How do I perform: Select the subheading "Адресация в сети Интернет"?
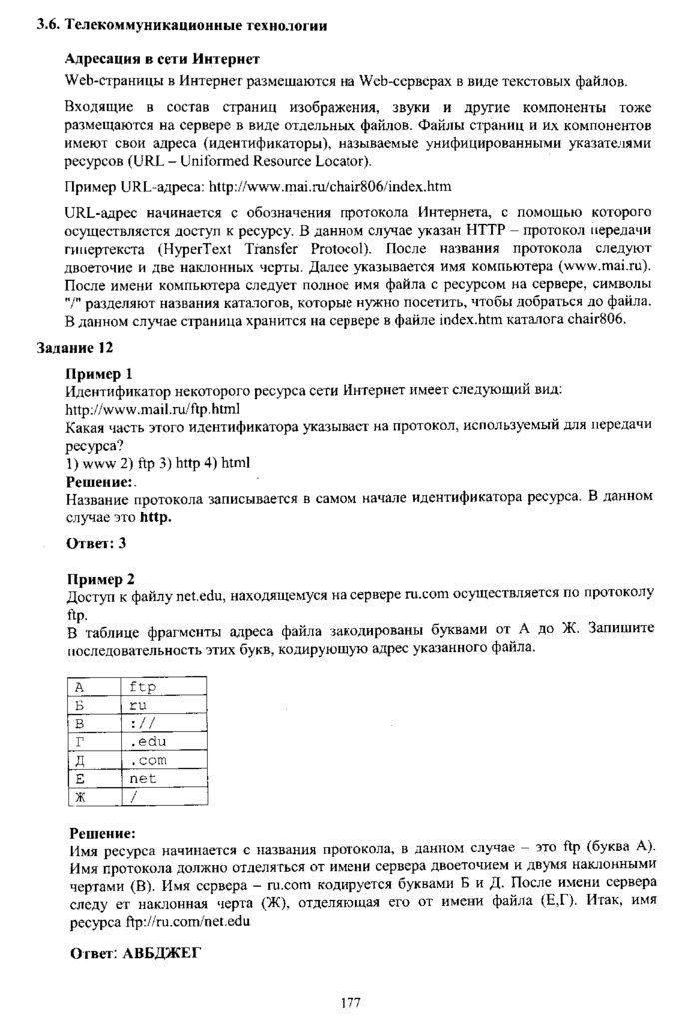162,61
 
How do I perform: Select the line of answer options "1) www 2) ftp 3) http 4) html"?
157,463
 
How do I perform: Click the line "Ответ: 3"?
96,544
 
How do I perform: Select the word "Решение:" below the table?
103,832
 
